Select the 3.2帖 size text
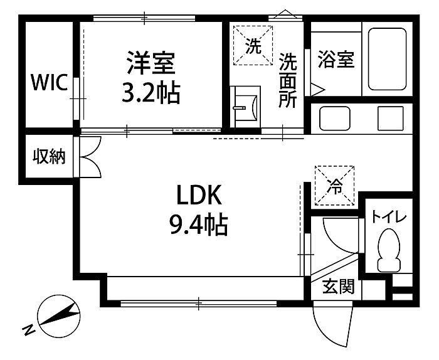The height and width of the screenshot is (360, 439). coord(151,94)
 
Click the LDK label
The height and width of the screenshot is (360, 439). coord(198,197)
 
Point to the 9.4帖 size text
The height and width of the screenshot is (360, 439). coord(198,224)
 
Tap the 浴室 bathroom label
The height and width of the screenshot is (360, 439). coord(336,60)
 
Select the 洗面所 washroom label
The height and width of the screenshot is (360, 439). coord(288,80)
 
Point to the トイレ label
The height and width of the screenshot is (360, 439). coord(389,217)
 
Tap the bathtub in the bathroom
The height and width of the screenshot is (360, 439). coord(388,60)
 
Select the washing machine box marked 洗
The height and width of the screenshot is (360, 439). coord(253,46)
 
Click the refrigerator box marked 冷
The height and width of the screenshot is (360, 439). coord(334,185)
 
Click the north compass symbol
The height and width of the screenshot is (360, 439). coord(58,315)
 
